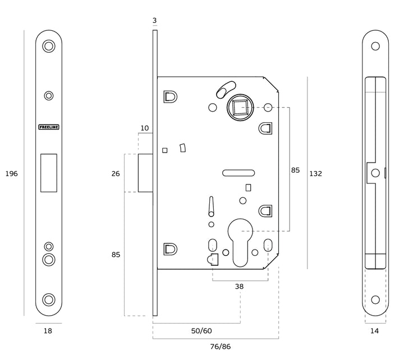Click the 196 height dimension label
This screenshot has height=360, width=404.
point(12,174)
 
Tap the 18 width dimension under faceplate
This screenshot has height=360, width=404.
point(48,331)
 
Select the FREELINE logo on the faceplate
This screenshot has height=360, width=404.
point(48,127)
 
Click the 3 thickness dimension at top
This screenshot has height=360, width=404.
point(154,21)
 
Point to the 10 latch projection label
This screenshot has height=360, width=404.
point(145,128)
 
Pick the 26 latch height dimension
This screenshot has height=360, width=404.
point(116,174)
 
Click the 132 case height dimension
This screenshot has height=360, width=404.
point(315,174)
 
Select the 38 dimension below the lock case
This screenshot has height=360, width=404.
point(239,286)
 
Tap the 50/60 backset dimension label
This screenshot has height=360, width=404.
point(200,331)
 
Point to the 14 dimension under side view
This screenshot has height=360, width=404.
point(375,331)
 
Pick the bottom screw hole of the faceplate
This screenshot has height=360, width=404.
point(49,299)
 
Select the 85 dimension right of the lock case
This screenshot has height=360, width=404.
point(295,169)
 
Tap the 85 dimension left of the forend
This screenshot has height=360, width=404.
point(116,255)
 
